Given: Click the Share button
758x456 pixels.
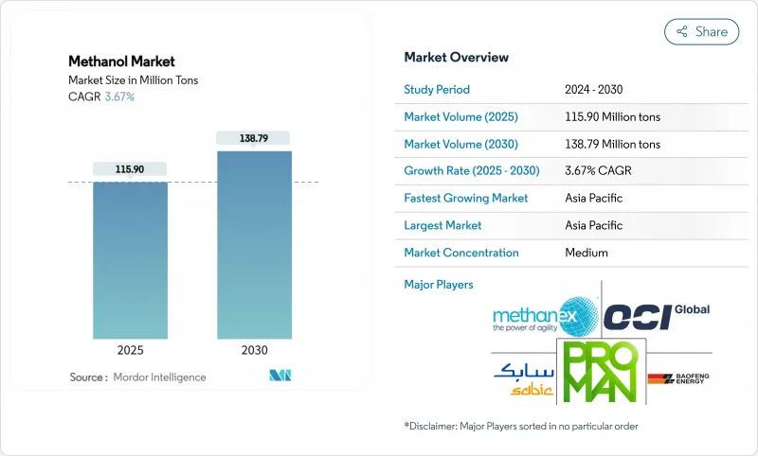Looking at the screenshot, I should point(702,31).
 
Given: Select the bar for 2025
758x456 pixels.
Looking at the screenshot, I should point(130,260).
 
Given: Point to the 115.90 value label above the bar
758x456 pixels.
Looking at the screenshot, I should point(130,168).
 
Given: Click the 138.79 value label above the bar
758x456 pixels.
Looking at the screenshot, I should point(254,138).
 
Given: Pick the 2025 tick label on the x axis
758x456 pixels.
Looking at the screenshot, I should point(130,350).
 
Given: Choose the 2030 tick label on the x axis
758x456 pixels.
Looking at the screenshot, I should point(254,350).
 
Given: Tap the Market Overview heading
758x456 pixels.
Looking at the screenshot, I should point(456,57).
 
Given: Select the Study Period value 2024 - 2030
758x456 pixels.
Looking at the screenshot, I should point(593,90).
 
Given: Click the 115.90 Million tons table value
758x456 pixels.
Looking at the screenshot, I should point(612,117).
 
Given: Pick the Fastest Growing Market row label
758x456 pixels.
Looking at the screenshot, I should point(466,199).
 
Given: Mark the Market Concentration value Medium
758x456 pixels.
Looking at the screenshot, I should point(587,253).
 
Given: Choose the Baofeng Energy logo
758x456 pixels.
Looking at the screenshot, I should point(678,380).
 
